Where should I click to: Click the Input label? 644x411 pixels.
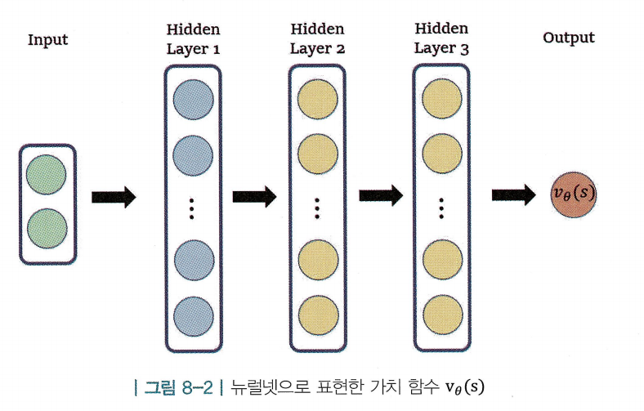tap(47, 40)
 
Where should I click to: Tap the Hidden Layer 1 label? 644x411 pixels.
tap(193, 39)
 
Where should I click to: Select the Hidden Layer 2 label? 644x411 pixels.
tap(317, 39)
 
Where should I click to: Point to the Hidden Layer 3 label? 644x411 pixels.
tap(441, 39)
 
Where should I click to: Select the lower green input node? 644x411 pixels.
tap(47, 230)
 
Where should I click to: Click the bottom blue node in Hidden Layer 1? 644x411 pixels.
tap(193, 316)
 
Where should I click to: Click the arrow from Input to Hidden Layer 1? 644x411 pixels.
tap(113, 198)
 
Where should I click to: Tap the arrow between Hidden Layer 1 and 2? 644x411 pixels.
tap(255, 197)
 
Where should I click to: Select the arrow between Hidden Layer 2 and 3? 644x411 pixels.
tap(381, 195)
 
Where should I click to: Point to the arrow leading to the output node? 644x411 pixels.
tap(513, 195)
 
